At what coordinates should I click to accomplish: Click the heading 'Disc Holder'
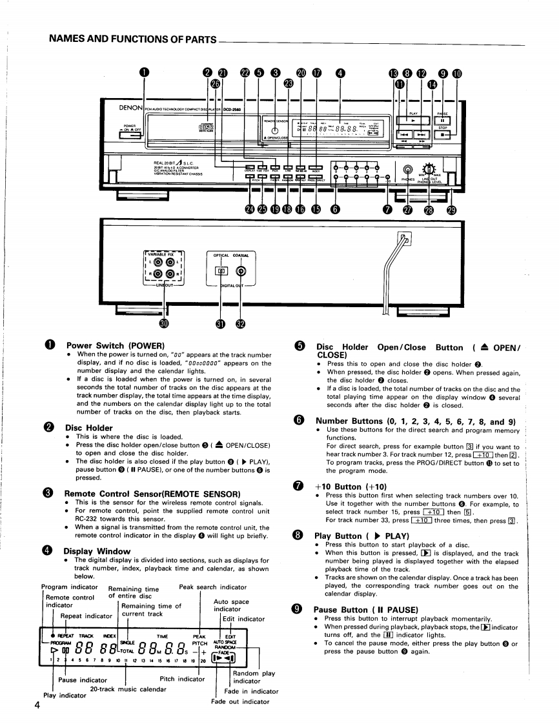(89, 428)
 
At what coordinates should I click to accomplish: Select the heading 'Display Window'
(96, 552)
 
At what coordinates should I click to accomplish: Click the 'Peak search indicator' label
(212, 587)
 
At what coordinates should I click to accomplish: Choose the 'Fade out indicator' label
(240, 702)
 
